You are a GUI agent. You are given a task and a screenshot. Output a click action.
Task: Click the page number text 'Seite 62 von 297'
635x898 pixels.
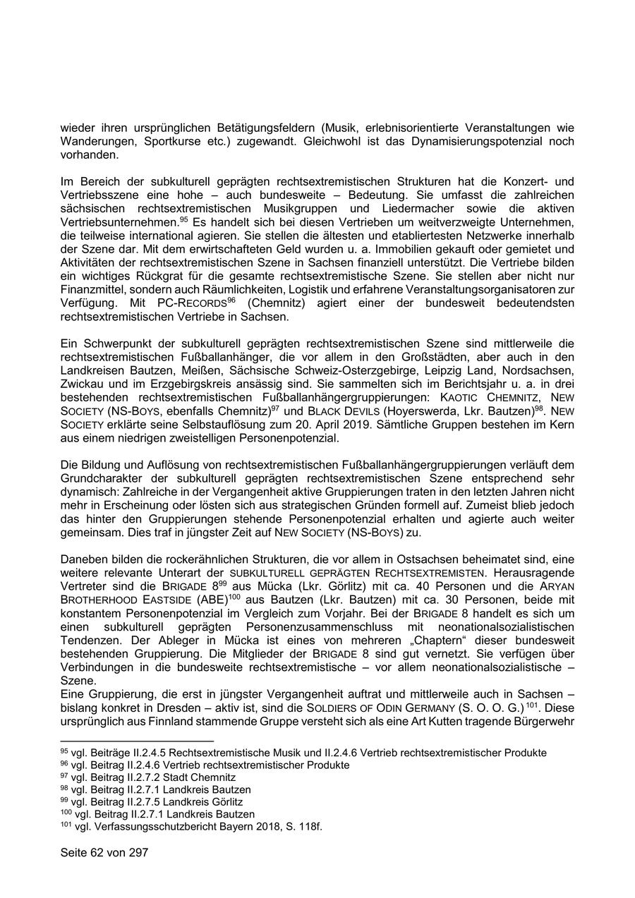point(104,853)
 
